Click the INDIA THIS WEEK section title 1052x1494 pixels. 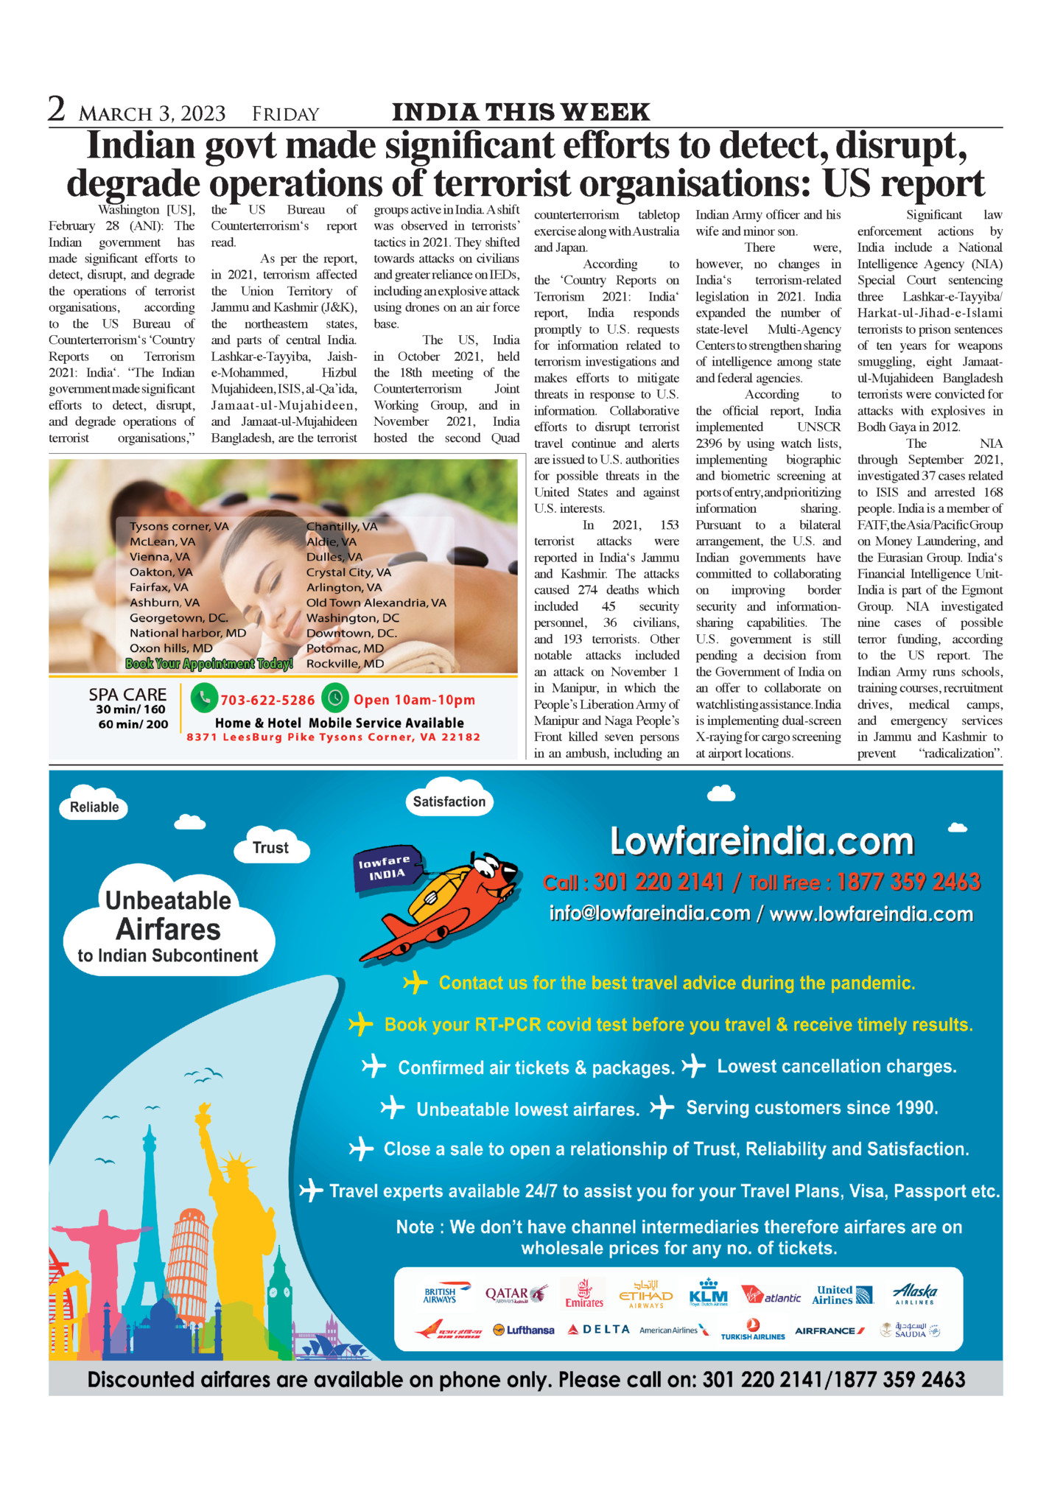(521, 112)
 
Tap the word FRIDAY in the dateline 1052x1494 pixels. (285, 114)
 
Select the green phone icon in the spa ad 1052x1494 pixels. (204, 698)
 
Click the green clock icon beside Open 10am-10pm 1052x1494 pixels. (335, 698)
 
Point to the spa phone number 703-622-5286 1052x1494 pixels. (267, 700)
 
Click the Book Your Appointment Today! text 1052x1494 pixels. (209, 664)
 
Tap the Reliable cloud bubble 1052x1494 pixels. (94, 807)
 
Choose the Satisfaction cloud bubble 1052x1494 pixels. (449, 802)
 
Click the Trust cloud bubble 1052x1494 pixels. (270, 848)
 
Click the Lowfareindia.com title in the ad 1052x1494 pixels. (762, 841)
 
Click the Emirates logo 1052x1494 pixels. (584, 1294)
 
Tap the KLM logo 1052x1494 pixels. (708, 1294)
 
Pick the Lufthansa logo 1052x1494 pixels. (524, 1330)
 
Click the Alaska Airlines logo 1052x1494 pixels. (915, 1294)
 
